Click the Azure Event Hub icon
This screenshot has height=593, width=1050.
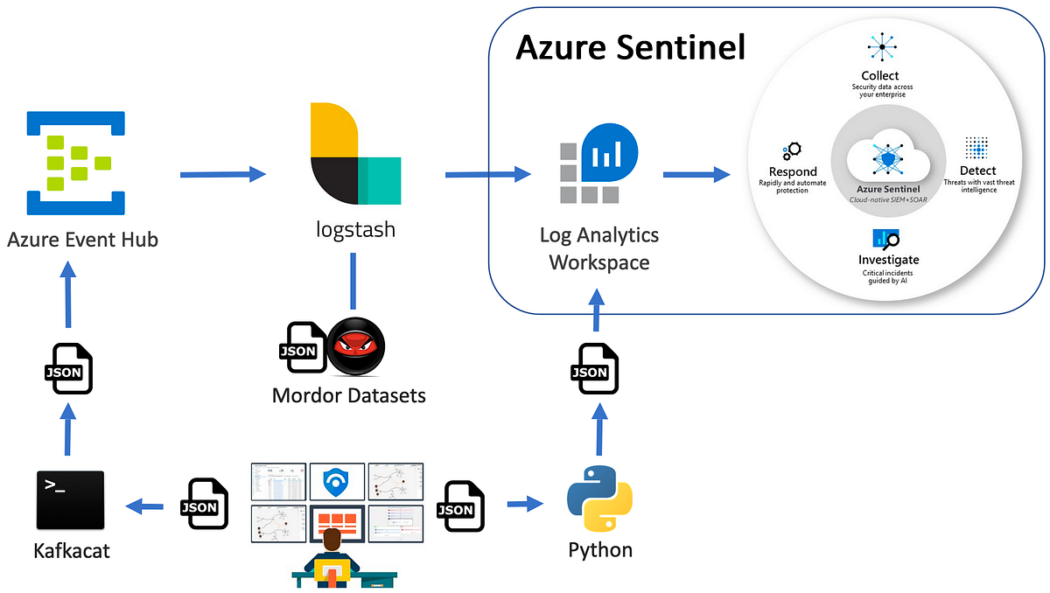69,163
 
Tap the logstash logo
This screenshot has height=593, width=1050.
355,155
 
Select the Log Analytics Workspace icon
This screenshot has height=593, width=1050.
599,164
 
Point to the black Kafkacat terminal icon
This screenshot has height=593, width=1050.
70,500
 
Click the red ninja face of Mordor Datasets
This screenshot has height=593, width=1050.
355,347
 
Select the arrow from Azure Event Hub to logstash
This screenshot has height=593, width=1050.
222,174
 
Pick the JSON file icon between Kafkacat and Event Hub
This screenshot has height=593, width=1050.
68,368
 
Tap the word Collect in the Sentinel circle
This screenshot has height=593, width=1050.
879,76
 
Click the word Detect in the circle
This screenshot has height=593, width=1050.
976,170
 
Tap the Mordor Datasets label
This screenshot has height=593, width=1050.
348,395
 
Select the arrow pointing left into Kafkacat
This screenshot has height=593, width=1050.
144,505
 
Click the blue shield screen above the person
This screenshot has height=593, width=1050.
336,480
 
